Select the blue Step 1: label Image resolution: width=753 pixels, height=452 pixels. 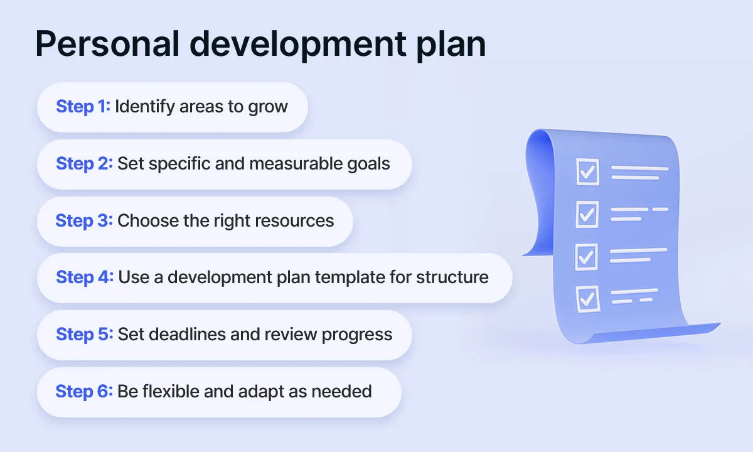click(83, 107)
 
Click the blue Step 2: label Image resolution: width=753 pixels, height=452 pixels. click(84, 164)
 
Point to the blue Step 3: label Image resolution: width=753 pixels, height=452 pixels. click(84, 221)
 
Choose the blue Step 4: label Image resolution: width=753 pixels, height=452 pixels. click(84, 277)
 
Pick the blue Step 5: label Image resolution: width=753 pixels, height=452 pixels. click(84, 335)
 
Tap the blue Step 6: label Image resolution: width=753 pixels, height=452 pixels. click(84, 392)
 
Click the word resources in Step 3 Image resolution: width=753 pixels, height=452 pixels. click(295, 221)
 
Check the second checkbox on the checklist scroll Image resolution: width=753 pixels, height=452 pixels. click(587, 215)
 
